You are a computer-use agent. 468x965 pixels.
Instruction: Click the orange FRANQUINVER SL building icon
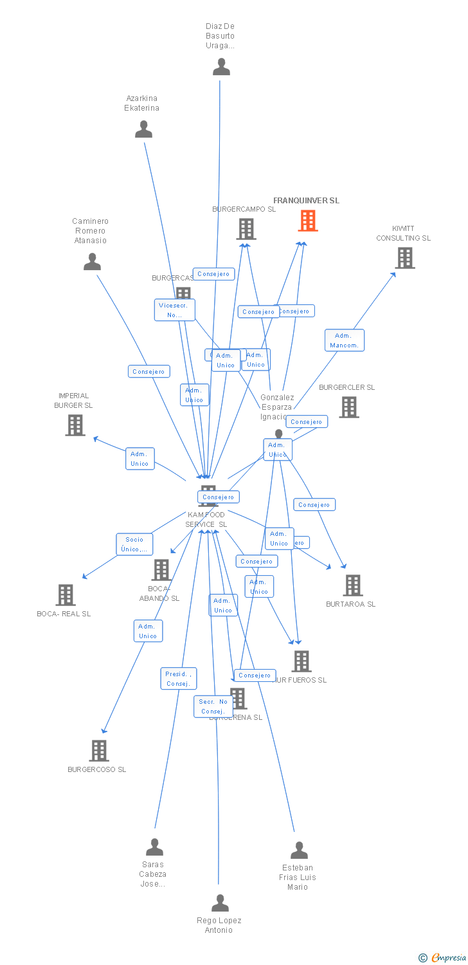(x=308, y=221)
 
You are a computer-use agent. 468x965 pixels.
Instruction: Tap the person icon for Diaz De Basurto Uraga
(x=221, y=67)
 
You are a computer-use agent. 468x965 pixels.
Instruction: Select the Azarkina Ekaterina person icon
(x=143, y=129)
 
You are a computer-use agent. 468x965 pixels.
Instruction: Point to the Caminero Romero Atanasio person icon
(x=93, y=262)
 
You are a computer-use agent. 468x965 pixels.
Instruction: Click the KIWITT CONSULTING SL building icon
(x=404, y=258)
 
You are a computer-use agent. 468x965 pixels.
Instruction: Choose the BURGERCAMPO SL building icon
(x=246, y=229)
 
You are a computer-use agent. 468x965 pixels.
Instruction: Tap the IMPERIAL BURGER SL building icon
(x=75, y=425)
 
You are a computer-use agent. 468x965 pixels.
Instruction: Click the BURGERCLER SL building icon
(x=348, y=407)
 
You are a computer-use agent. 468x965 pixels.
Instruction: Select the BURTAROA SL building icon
(x=352, y=585)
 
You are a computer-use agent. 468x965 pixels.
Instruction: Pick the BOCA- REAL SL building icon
(x=66, y=595)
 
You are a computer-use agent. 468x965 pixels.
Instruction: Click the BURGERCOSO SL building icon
(x=99, y=751)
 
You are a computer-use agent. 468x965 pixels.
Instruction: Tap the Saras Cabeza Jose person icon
(x=154, y=847)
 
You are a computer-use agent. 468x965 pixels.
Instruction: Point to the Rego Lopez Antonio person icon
(x=220, y=903)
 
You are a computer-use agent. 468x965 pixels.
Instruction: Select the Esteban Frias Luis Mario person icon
(x=299, y=850)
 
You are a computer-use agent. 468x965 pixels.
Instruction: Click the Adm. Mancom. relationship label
(x=345, y=340)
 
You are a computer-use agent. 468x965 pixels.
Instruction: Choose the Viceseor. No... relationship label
(x=174, y=310)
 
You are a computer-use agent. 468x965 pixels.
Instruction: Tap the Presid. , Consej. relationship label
(x=178, y=679)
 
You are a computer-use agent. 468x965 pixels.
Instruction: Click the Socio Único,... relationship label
(x=134, y=544)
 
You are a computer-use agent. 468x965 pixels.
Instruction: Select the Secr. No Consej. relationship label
(x=213, y=706)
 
